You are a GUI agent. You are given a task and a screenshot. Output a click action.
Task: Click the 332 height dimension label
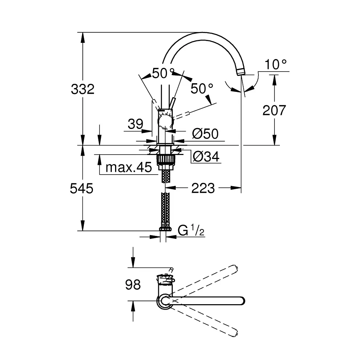point(83,89)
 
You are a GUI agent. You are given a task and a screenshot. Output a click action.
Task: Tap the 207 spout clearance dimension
point(274,110)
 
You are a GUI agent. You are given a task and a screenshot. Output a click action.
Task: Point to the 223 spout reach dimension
point(204,188)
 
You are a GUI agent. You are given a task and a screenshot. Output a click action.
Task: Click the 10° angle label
point(276,65)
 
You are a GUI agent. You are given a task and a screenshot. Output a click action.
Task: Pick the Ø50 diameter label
point(205,134)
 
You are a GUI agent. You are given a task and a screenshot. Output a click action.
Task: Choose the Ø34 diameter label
point(206,156)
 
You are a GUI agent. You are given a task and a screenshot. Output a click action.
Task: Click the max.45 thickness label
point(128,168)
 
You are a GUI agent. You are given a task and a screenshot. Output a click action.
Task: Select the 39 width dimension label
point(135,125)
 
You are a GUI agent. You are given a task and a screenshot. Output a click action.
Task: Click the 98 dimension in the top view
point(133,285)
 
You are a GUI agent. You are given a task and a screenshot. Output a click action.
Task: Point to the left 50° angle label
point(163,73)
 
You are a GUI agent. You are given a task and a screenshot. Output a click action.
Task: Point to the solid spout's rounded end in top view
point(241,301)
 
